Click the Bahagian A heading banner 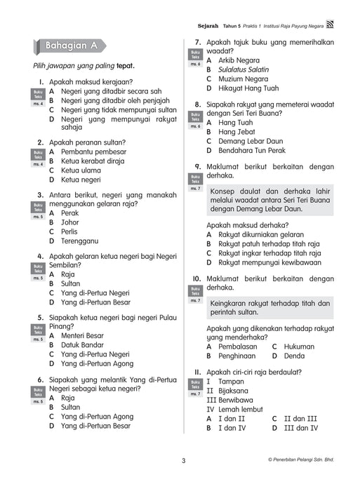click(69, 47)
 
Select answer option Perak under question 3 click(69, 213)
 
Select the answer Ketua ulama click(81, 170)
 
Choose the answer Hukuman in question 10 click(300, 346)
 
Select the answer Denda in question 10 click(294, 356)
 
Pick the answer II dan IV click(300, 427)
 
